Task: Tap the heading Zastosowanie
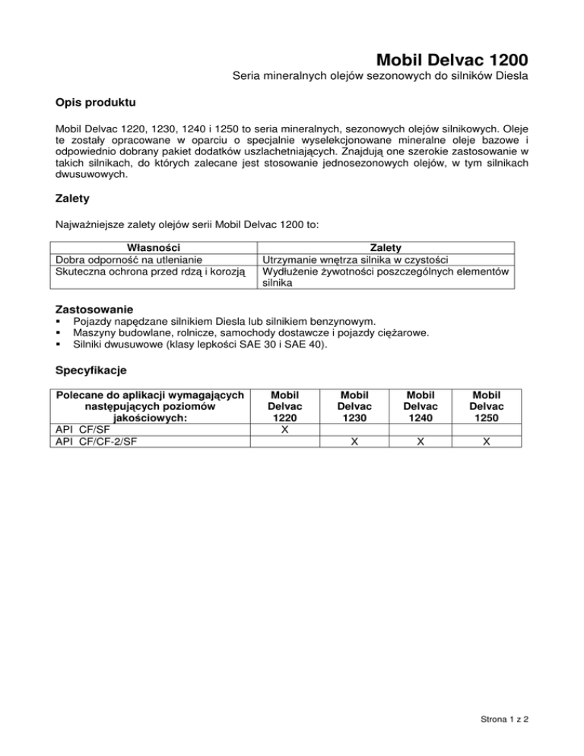[x=95, y=310]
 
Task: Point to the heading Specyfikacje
[x=91, y=371]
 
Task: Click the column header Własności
[x=149, y=248]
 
